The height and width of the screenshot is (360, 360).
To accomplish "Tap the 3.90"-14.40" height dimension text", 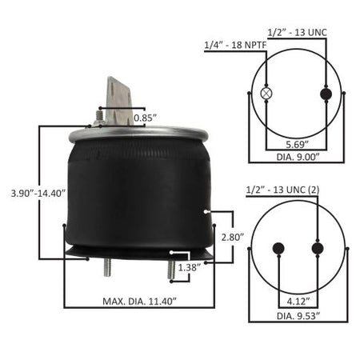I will tap(33, 193).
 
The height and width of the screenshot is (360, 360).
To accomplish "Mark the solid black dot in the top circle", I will tap(326, 94).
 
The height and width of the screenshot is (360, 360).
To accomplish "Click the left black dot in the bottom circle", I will tap(279, 248).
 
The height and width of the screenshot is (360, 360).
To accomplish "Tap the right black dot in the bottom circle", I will tap(318, 248).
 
